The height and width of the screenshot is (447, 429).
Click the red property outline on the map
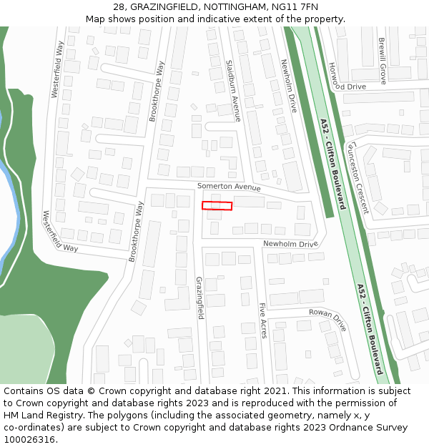(x=217, y=206)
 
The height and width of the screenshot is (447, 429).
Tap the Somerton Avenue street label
(x=230, y=187)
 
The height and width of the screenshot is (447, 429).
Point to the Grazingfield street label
(x=199, y=298)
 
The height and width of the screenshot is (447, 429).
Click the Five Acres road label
(x=263, y=320)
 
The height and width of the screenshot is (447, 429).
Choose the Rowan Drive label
(x=327, y=319)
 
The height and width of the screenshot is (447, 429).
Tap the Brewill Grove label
(x=383, y=61)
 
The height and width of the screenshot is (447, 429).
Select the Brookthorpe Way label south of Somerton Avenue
(x=137, y=232)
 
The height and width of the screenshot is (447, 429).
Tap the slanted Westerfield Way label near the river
(x=60, y=231)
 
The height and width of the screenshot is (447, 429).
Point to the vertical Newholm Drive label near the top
(x=288, y=85)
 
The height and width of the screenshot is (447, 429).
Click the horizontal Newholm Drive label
(x=290, y=244)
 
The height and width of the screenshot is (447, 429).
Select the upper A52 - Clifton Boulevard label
(x=332, y=163)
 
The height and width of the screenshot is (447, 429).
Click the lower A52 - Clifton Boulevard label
(x=370, y=328)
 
